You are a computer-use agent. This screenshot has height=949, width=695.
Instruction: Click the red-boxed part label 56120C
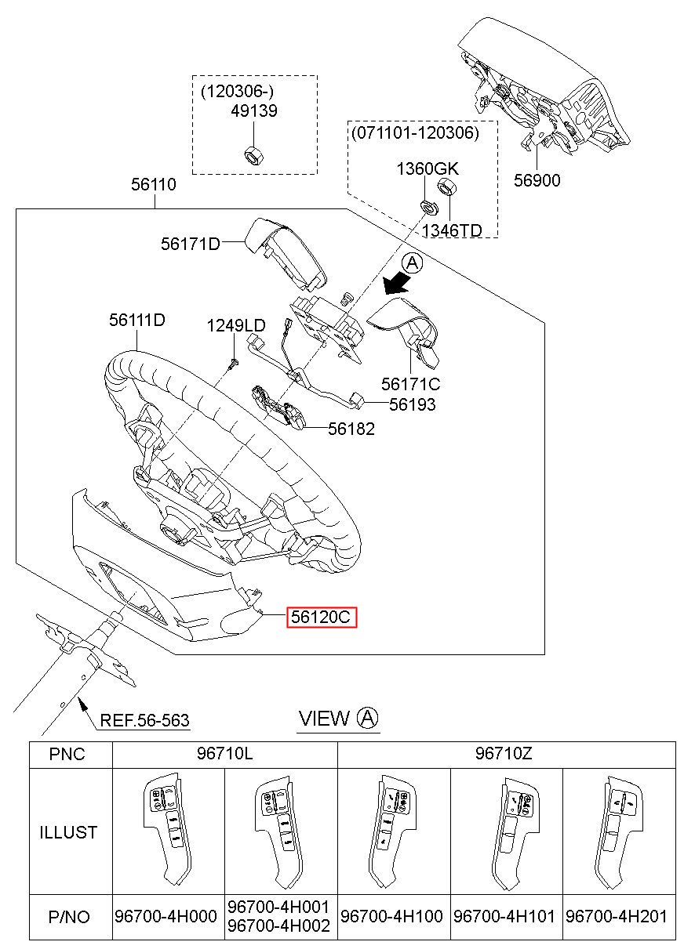tap(322, 618)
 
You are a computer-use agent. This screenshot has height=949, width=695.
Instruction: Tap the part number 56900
tap(537, 180)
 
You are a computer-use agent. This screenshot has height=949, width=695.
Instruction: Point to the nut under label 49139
tap(253, 154)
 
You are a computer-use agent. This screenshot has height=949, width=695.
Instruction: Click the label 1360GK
tap(427, 168)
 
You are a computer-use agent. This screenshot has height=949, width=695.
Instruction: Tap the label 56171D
tap(190, 244)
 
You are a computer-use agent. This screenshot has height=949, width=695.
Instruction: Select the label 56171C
tap(410, 384)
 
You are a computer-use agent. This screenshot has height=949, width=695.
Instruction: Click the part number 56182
tap(351, 429)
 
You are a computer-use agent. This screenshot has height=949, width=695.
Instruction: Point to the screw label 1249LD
tap(236, 325)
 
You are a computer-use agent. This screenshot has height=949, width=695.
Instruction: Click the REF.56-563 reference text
tap(144, 720)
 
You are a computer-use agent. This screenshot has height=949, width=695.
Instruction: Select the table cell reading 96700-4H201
tap(620, 916)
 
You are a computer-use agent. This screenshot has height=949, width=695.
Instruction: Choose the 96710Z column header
tap(506, 755)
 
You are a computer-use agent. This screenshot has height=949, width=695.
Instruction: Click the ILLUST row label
tap(69, 831)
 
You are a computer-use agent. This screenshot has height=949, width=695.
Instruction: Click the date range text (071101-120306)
tap(415, 132)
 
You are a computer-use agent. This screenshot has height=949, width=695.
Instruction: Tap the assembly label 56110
tap(154, 185)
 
